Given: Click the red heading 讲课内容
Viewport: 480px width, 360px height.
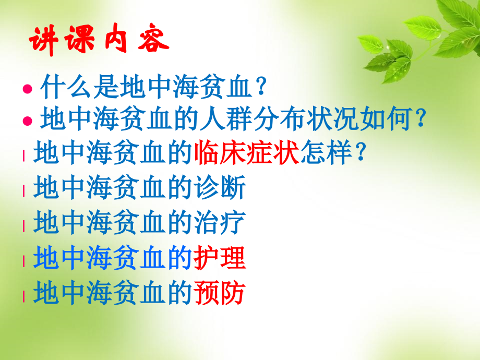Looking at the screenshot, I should tap(98, 40).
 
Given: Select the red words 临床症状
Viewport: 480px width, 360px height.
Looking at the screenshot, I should tap(245, 153).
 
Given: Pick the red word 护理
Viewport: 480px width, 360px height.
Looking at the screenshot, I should tap(219, 258).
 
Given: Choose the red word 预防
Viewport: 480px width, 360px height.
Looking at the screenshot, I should tap(219, 294).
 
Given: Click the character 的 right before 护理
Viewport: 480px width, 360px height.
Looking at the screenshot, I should tap(180, 258).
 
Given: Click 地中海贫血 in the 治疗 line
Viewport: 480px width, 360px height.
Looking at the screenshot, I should tap(99, 223).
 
